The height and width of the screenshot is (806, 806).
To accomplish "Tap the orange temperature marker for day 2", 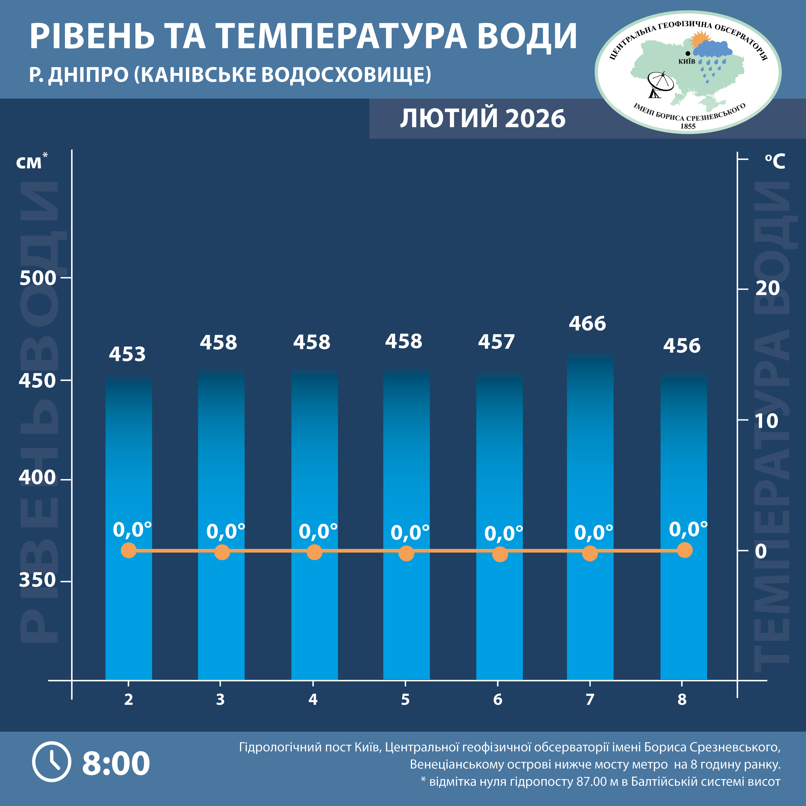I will pos(129,550).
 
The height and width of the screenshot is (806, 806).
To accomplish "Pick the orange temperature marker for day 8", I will pos(685,550).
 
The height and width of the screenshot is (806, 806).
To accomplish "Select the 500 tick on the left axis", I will pos(38,278).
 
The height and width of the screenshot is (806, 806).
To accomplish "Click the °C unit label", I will pos(775,161).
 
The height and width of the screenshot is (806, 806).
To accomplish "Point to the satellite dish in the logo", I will pos(659,85).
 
